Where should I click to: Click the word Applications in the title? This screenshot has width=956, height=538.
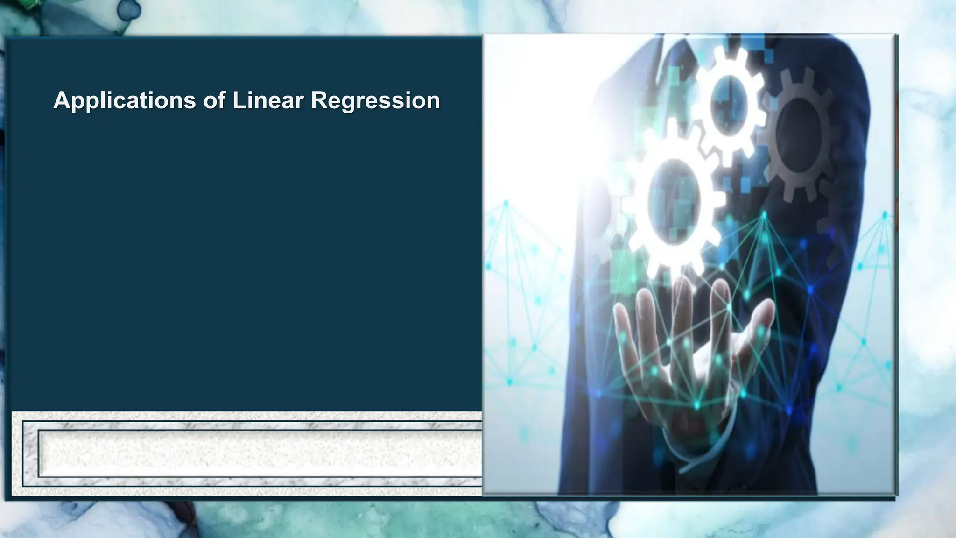point(124,100)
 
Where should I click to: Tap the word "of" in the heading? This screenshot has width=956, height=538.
point(213,100)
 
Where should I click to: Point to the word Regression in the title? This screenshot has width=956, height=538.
point(375,100)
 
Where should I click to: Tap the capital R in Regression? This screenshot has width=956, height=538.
point(319,100)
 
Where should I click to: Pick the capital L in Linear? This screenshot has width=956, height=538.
point(238,100)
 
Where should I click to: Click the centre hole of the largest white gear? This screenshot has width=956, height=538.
point(674,201)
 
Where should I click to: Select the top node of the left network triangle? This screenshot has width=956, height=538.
point(506,204)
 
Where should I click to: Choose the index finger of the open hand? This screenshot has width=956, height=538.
point(719,299)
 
